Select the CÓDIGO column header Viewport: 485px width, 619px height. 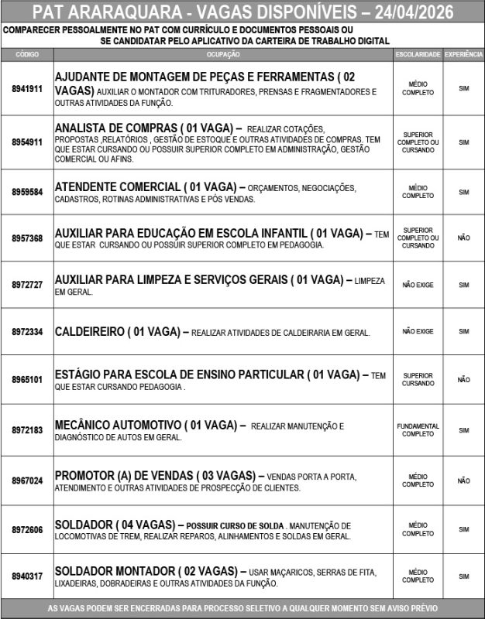(27, 55)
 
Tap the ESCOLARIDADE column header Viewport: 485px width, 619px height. (418, 55)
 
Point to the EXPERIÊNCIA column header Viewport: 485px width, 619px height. (463, 55)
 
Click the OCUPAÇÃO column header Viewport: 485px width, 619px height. (224, 55)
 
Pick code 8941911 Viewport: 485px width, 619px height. (27, 89)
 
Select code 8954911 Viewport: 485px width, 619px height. (27, 142)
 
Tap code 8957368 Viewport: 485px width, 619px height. (27, 238)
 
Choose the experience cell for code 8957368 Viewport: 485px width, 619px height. (463, 238)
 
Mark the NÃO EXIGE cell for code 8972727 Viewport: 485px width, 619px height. (418, 285)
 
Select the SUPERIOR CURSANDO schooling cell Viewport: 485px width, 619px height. (418, 380)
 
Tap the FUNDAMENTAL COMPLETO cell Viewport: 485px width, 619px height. (418, 430)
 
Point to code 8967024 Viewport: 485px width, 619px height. (27, 480)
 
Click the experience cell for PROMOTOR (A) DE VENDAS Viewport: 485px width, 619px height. (463, 480)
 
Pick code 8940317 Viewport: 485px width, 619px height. (27, 576)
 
